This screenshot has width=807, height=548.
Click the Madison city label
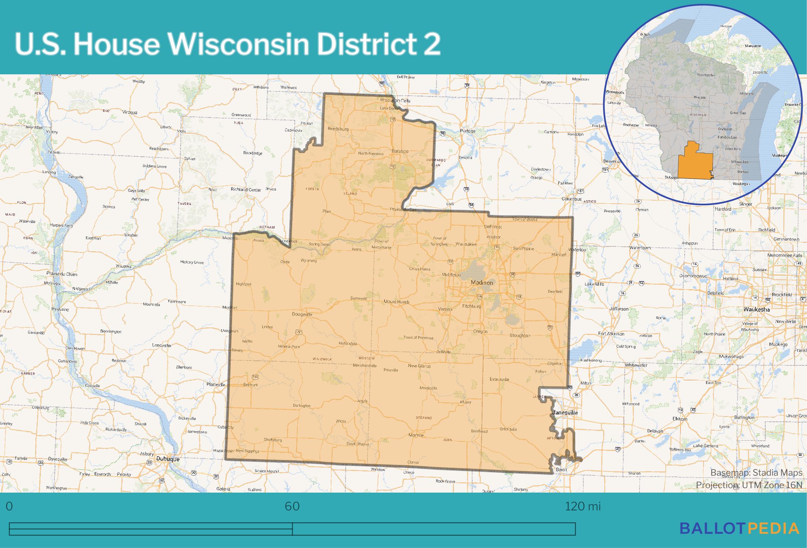pyautogui.click(x=482, y=283)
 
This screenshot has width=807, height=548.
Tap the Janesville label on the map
pyautogui.click(x=565, y=413)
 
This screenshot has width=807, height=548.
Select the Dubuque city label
pyautogui.click(x=168, y=459)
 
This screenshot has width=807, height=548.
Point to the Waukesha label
pyautogui.click(x=757, y=310)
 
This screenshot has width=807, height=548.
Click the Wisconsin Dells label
pyautogui.click(x=395, y=101)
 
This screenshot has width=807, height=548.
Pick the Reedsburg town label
pyautogui.click(x=338, y=129)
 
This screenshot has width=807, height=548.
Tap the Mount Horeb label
pyautogui.click(x=396, y=302)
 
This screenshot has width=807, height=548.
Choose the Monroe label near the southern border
pyautogui.click(x=416, y=435)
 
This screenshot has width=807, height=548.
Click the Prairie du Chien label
pyautogui.click(x=62, y=274)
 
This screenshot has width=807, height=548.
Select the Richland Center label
pyautogui.click(x=246, y=190)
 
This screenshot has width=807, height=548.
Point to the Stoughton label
pyautogui.click(x=520, y=336)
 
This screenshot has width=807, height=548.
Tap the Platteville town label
pyautogui.click(x=216, y=384)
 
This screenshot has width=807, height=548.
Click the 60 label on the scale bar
pyautogui.click(x=292, y=506)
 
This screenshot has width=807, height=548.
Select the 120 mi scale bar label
pyautogui.click(x=582, y=506)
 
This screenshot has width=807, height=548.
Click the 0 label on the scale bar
pyautogui.click(x=9, y=506)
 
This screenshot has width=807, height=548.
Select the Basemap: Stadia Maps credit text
pyautogui.click(x=756, y=473)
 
